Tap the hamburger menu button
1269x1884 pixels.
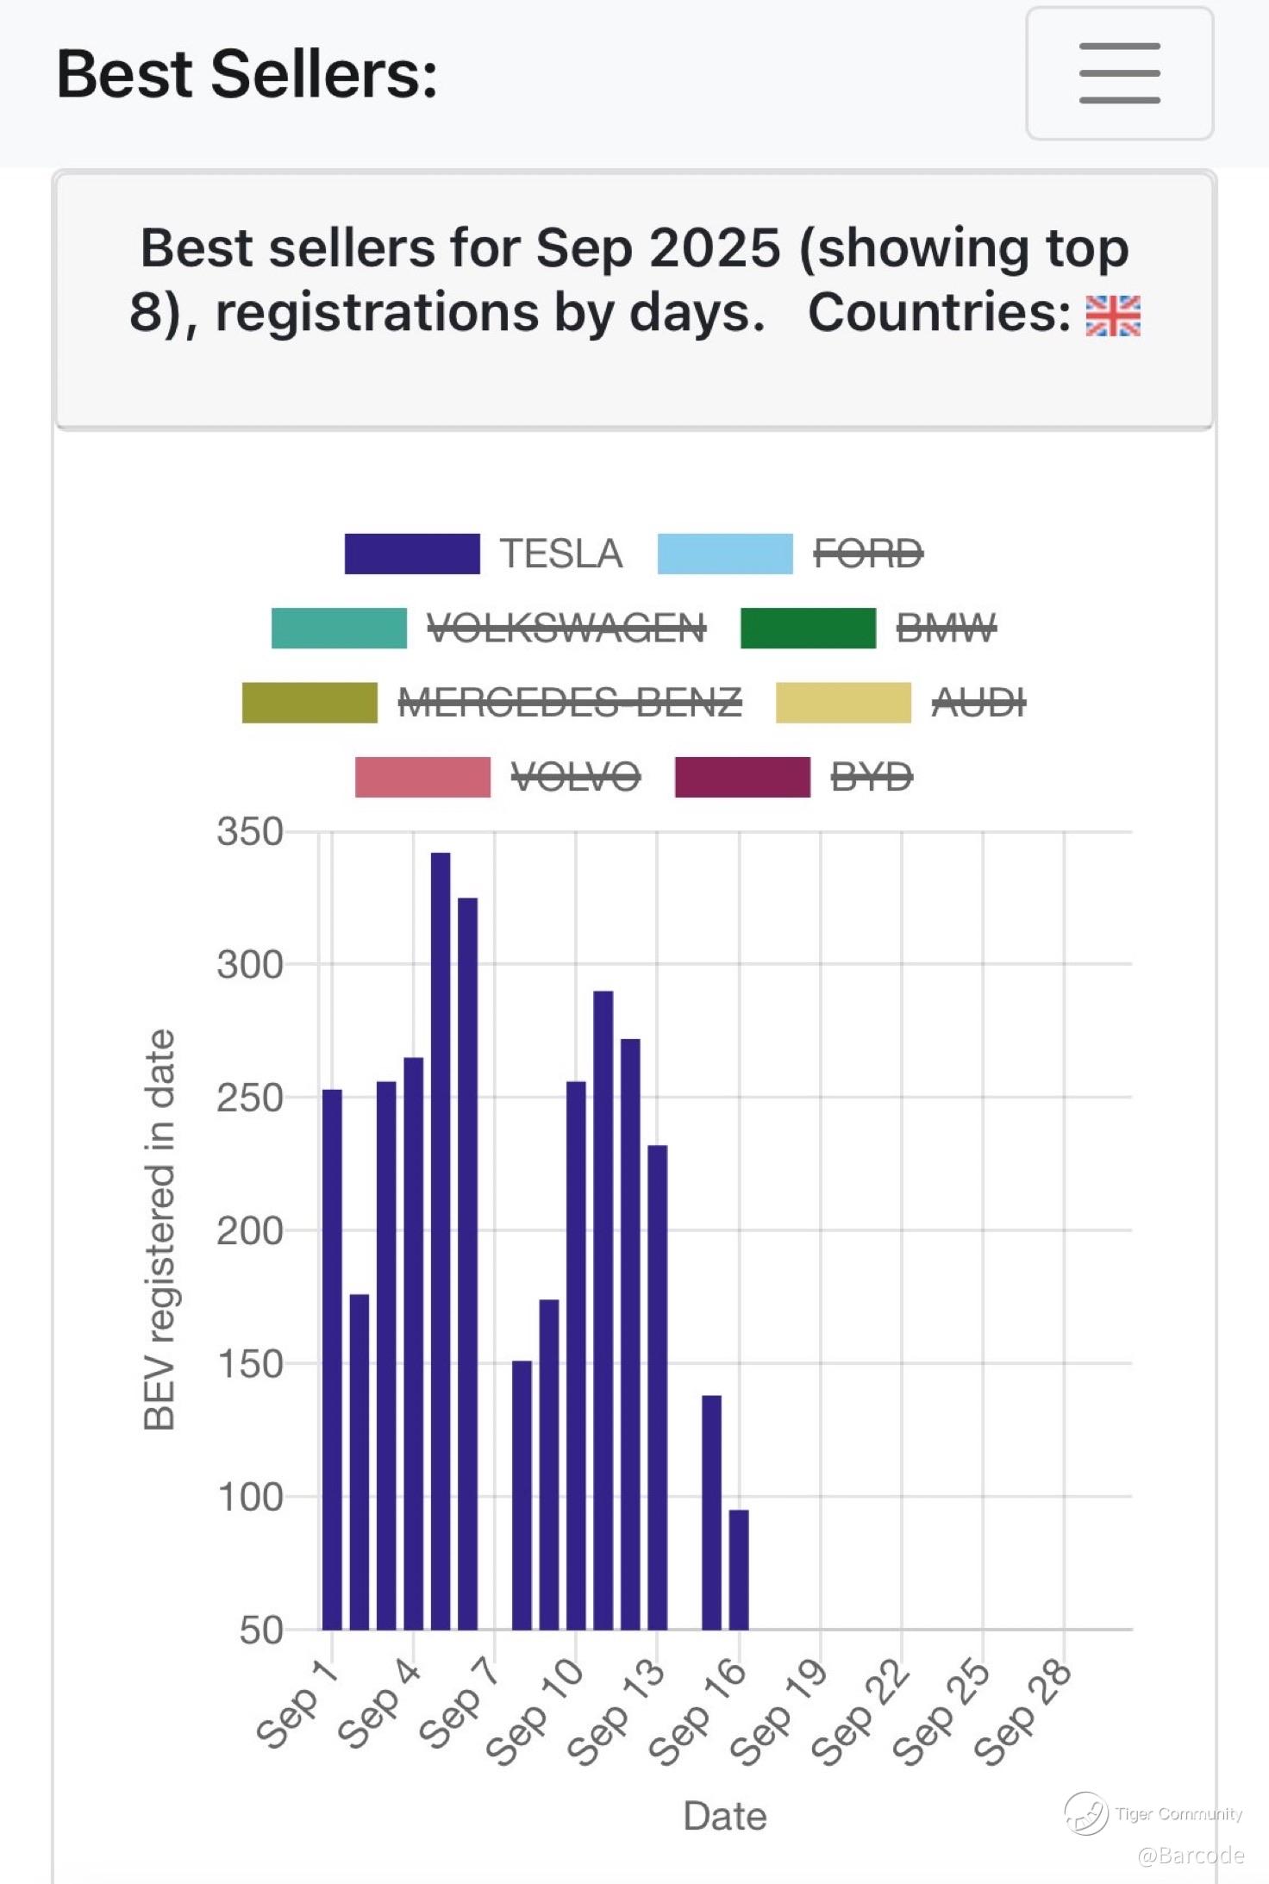point(1119,73)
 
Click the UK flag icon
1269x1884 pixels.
point(1113,315)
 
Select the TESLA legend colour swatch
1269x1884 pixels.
point(412,554)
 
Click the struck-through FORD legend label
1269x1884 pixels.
point(868,554)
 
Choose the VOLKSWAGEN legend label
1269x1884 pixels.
point(566,628)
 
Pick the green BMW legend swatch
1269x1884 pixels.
point(808,628)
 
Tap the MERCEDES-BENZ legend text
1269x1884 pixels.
point(570,703)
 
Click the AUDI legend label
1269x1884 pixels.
point(978,703)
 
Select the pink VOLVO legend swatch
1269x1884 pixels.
point(422,777)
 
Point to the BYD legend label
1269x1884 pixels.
point(872,777)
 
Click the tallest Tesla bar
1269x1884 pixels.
point(441,1242)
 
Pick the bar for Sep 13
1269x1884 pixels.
point(658,1387)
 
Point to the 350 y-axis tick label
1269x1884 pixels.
point(250,832)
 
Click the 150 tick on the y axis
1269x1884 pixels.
point(250,1364)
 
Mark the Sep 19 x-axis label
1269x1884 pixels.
point(779,1712)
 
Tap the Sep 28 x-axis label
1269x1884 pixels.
point(1023,1712)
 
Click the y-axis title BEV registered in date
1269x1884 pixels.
point(159,1230)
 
